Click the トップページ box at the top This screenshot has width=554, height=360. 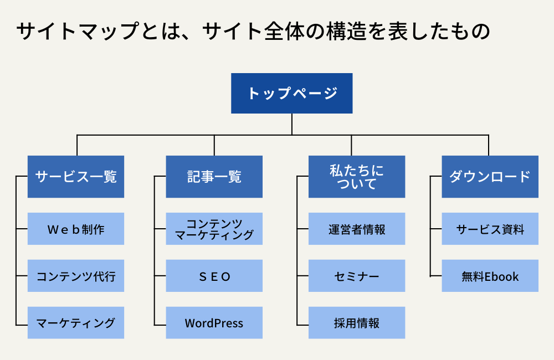[292, 93]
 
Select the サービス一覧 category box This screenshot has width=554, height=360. [76, 177]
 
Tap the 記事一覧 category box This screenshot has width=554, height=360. [214, 177]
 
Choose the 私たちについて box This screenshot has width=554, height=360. [357, 177]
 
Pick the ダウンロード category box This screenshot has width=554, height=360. [490, 177]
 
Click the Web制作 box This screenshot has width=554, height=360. [76, 229]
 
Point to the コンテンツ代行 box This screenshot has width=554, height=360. [76, 276]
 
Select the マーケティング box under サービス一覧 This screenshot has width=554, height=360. [76, 322]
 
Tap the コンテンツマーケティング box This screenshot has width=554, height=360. [214, 229]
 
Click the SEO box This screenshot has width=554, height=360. [214, 276]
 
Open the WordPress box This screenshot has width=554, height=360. [214, 322]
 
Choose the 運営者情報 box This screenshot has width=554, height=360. [357, 229]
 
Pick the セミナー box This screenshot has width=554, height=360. [357, 276]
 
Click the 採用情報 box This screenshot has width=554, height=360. [357, 322]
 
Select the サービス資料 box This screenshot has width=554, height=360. [490, 229]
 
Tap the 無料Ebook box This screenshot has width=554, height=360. [490, 276]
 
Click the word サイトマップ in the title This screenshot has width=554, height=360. [78, 30]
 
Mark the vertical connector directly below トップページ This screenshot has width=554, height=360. [292, 124]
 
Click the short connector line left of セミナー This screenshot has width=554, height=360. [303, 276]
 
